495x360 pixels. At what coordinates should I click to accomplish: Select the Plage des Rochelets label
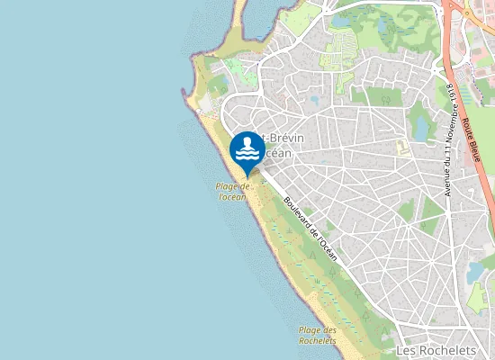pos(318,336)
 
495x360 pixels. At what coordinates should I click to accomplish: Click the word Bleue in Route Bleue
pos(473,148)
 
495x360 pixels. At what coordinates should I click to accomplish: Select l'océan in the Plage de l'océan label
pos(232,196)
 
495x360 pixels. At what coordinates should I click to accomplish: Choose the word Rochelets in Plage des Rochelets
pos(318,341)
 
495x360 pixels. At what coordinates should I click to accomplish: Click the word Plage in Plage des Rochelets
pos(310,330)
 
